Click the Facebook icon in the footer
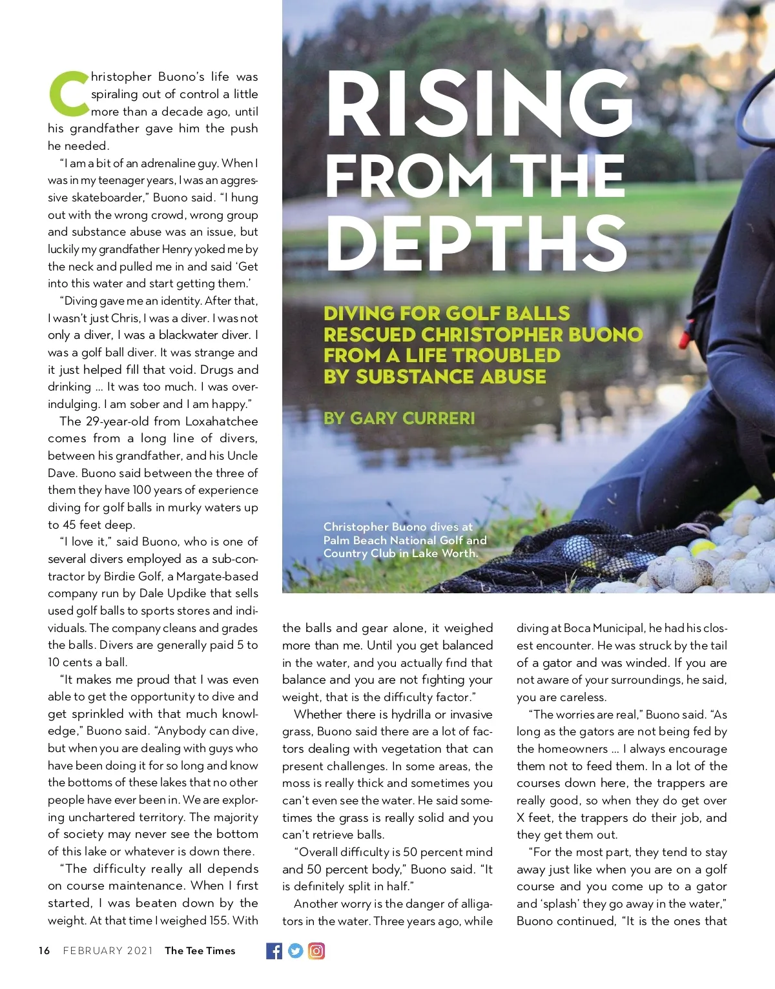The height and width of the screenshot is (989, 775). click(274, 951)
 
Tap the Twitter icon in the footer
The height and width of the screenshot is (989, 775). click(295, 951)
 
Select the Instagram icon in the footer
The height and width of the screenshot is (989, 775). click(316, 951)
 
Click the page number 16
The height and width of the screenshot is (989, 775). click(44, 951)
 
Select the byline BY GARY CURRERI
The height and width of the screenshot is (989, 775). click(399, 418)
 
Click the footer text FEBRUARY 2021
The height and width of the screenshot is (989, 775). click(108, 951)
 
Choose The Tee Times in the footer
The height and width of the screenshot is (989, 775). click(200, 951)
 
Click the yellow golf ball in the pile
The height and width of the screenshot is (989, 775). click(700, 548)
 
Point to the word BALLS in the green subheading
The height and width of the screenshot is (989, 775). click(537, 314)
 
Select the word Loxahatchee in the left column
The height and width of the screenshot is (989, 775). click(222, 422)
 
